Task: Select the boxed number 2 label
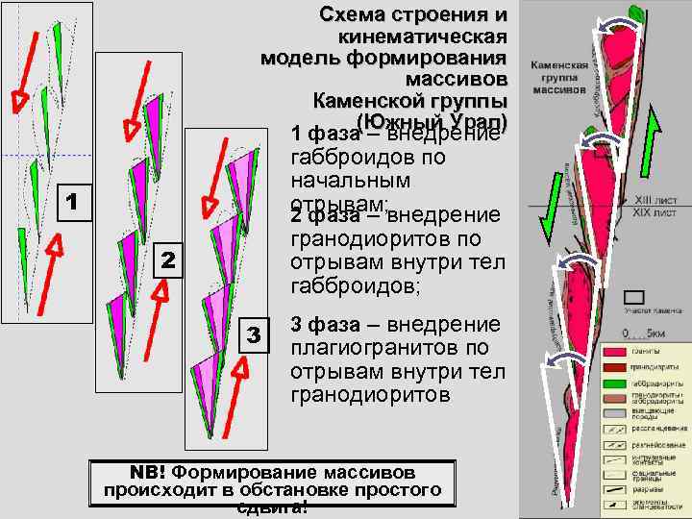pos(167,259)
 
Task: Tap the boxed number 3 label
pos(253,334)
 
